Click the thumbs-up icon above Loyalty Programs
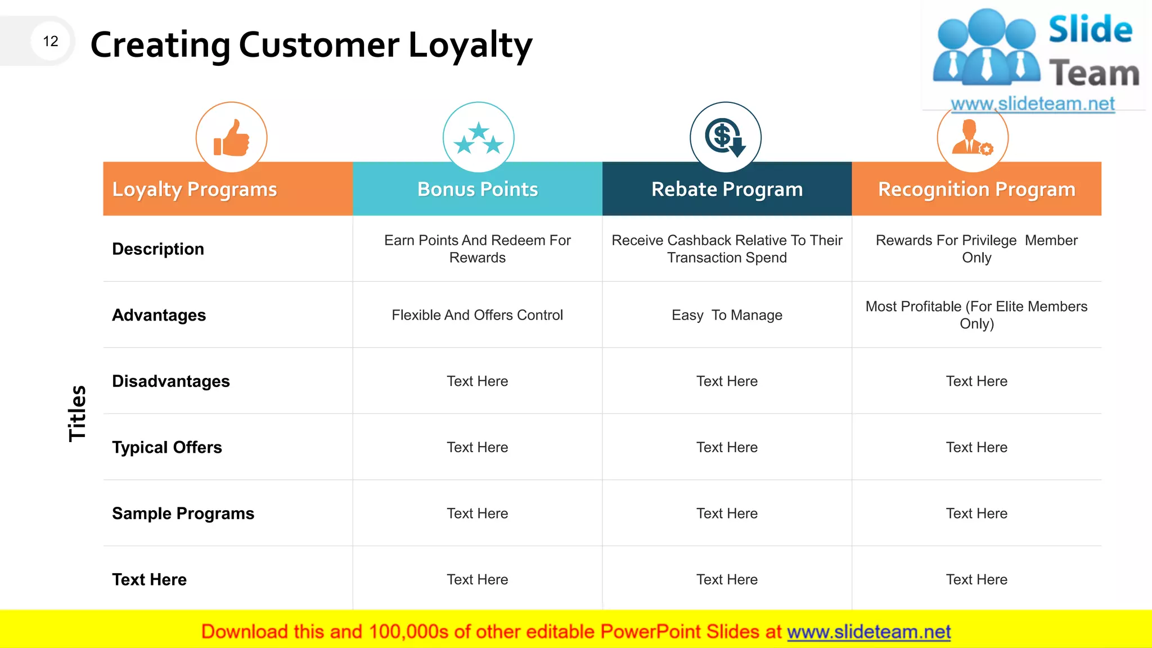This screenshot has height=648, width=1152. point(231,138)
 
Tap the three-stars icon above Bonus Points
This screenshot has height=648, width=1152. point(478,138)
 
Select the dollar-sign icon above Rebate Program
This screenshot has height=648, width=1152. point(725,138)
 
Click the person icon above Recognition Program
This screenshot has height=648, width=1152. point(972,138)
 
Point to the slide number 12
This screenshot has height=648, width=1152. point(51,41)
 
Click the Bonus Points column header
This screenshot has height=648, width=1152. point(478,190)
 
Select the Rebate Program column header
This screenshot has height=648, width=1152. point(727,190)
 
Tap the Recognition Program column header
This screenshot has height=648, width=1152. point(976,190)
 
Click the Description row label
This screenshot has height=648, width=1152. point(158,249)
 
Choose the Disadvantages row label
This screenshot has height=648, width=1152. point(171,381)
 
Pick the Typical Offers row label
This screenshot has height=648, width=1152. point(167,447)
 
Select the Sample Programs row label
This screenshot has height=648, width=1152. point(183,514)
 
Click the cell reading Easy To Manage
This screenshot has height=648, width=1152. point(727,315)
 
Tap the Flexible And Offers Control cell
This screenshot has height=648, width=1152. point(477,315)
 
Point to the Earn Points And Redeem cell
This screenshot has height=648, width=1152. point(477,249)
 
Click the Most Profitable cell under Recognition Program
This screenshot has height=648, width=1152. point(976,315)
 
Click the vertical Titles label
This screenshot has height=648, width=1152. point(77,413)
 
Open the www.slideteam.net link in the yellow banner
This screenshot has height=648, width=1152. point(868,632)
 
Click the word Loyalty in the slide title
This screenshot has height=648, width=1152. point(470,45)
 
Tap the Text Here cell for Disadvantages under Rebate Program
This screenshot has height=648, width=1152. point(727,381)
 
